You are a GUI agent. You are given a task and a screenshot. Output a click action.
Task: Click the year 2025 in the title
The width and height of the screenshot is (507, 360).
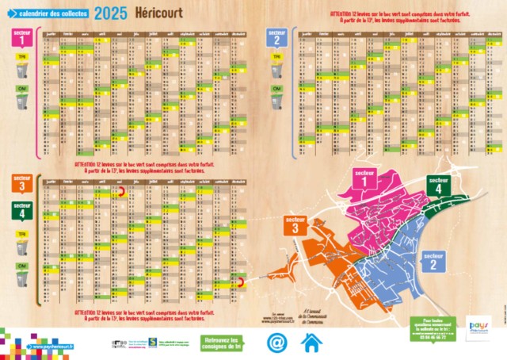tap(109, 13)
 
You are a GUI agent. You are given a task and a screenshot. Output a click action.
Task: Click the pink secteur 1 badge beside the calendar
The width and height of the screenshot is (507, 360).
tap(21, 36)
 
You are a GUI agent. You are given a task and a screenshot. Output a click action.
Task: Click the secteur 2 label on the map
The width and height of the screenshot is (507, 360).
tap(433, 261)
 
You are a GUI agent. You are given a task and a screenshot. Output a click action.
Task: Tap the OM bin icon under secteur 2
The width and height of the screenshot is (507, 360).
tap(276, 100)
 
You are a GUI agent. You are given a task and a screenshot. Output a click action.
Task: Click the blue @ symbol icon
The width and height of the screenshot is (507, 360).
tap(276, 343)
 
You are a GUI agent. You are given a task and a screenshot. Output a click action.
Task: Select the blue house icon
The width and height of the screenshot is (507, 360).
tap(312, 343)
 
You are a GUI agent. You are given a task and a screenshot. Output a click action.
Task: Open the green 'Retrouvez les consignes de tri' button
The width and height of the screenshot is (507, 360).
tap(227, 343)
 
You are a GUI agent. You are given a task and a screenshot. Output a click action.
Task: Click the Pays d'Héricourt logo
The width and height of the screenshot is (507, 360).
tap(478, 328)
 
